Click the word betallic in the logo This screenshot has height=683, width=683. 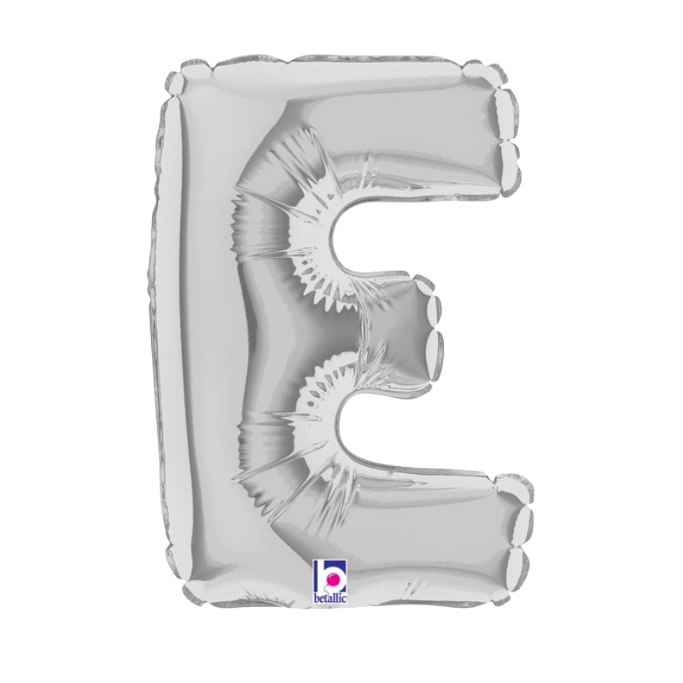(x=330, y=599)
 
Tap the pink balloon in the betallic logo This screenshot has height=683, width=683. (x=334, y=580)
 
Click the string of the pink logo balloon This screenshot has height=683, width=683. (x=330, y=589)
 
